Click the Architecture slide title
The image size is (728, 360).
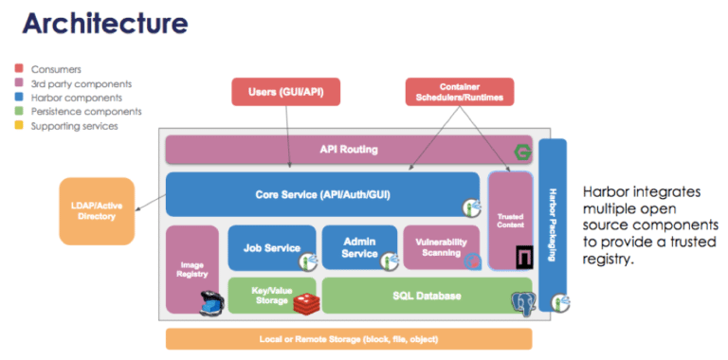(x=104, y=24)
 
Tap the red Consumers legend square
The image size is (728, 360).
(x=20, y=69)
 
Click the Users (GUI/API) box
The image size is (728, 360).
(x=285, y=92)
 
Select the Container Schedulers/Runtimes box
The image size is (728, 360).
(x=459, y=92)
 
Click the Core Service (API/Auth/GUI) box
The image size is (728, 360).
(x=322, y=194)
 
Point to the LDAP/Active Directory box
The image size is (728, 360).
(x=97, y=210)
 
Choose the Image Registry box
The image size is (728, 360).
(x=192, y=269)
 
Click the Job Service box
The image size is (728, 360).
(x=271, y=247)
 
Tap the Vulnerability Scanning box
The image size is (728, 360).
(x=440, y=246)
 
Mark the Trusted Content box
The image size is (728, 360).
(x=510, y=220)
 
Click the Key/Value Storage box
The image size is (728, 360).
(x=258, y=295)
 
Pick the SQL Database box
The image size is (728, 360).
(x=413, y=296)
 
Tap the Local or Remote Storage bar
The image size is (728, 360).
(x=349, y=339)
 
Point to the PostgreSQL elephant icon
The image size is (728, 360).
(x=522, y=302)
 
